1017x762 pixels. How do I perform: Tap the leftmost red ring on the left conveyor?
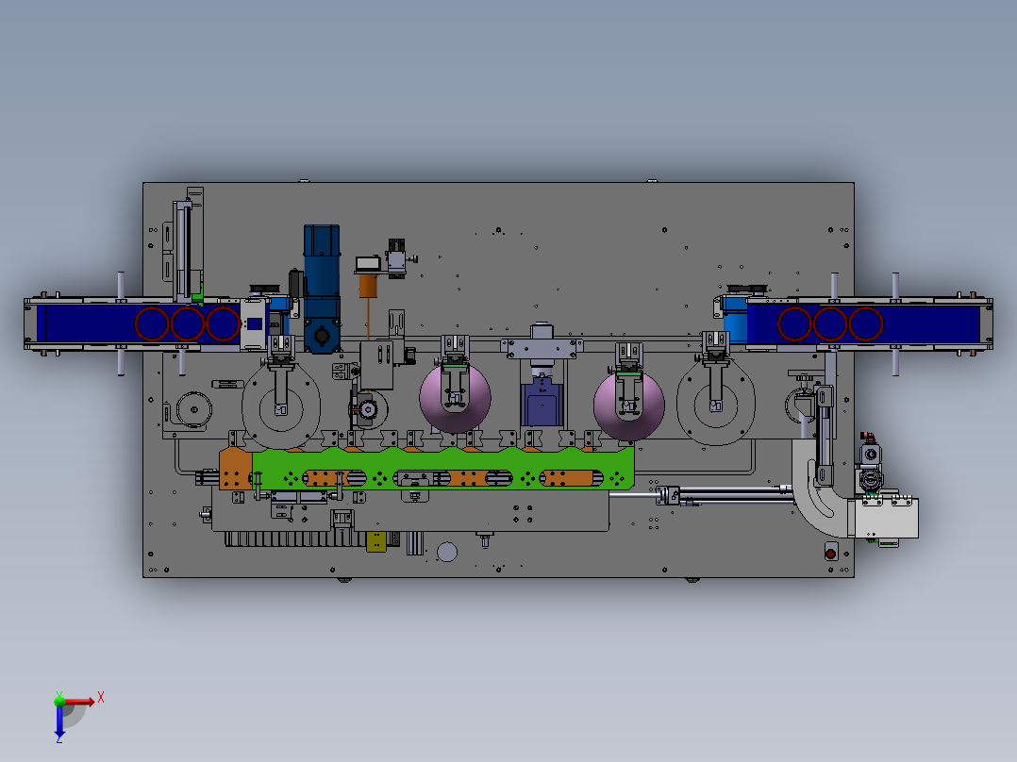(x=152, y=323)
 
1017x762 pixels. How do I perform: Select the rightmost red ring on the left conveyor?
(x=223, y=323)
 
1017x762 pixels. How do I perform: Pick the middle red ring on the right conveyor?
(x=830, y=323)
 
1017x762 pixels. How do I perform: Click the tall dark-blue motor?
(x=322, y=289)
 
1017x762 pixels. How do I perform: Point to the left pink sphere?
(x=456, y=398)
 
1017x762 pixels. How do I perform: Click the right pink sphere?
(x=629, y=406)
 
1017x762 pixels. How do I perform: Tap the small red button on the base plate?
(x=831, y=554)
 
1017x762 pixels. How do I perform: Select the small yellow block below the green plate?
(x=376, y=541)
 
